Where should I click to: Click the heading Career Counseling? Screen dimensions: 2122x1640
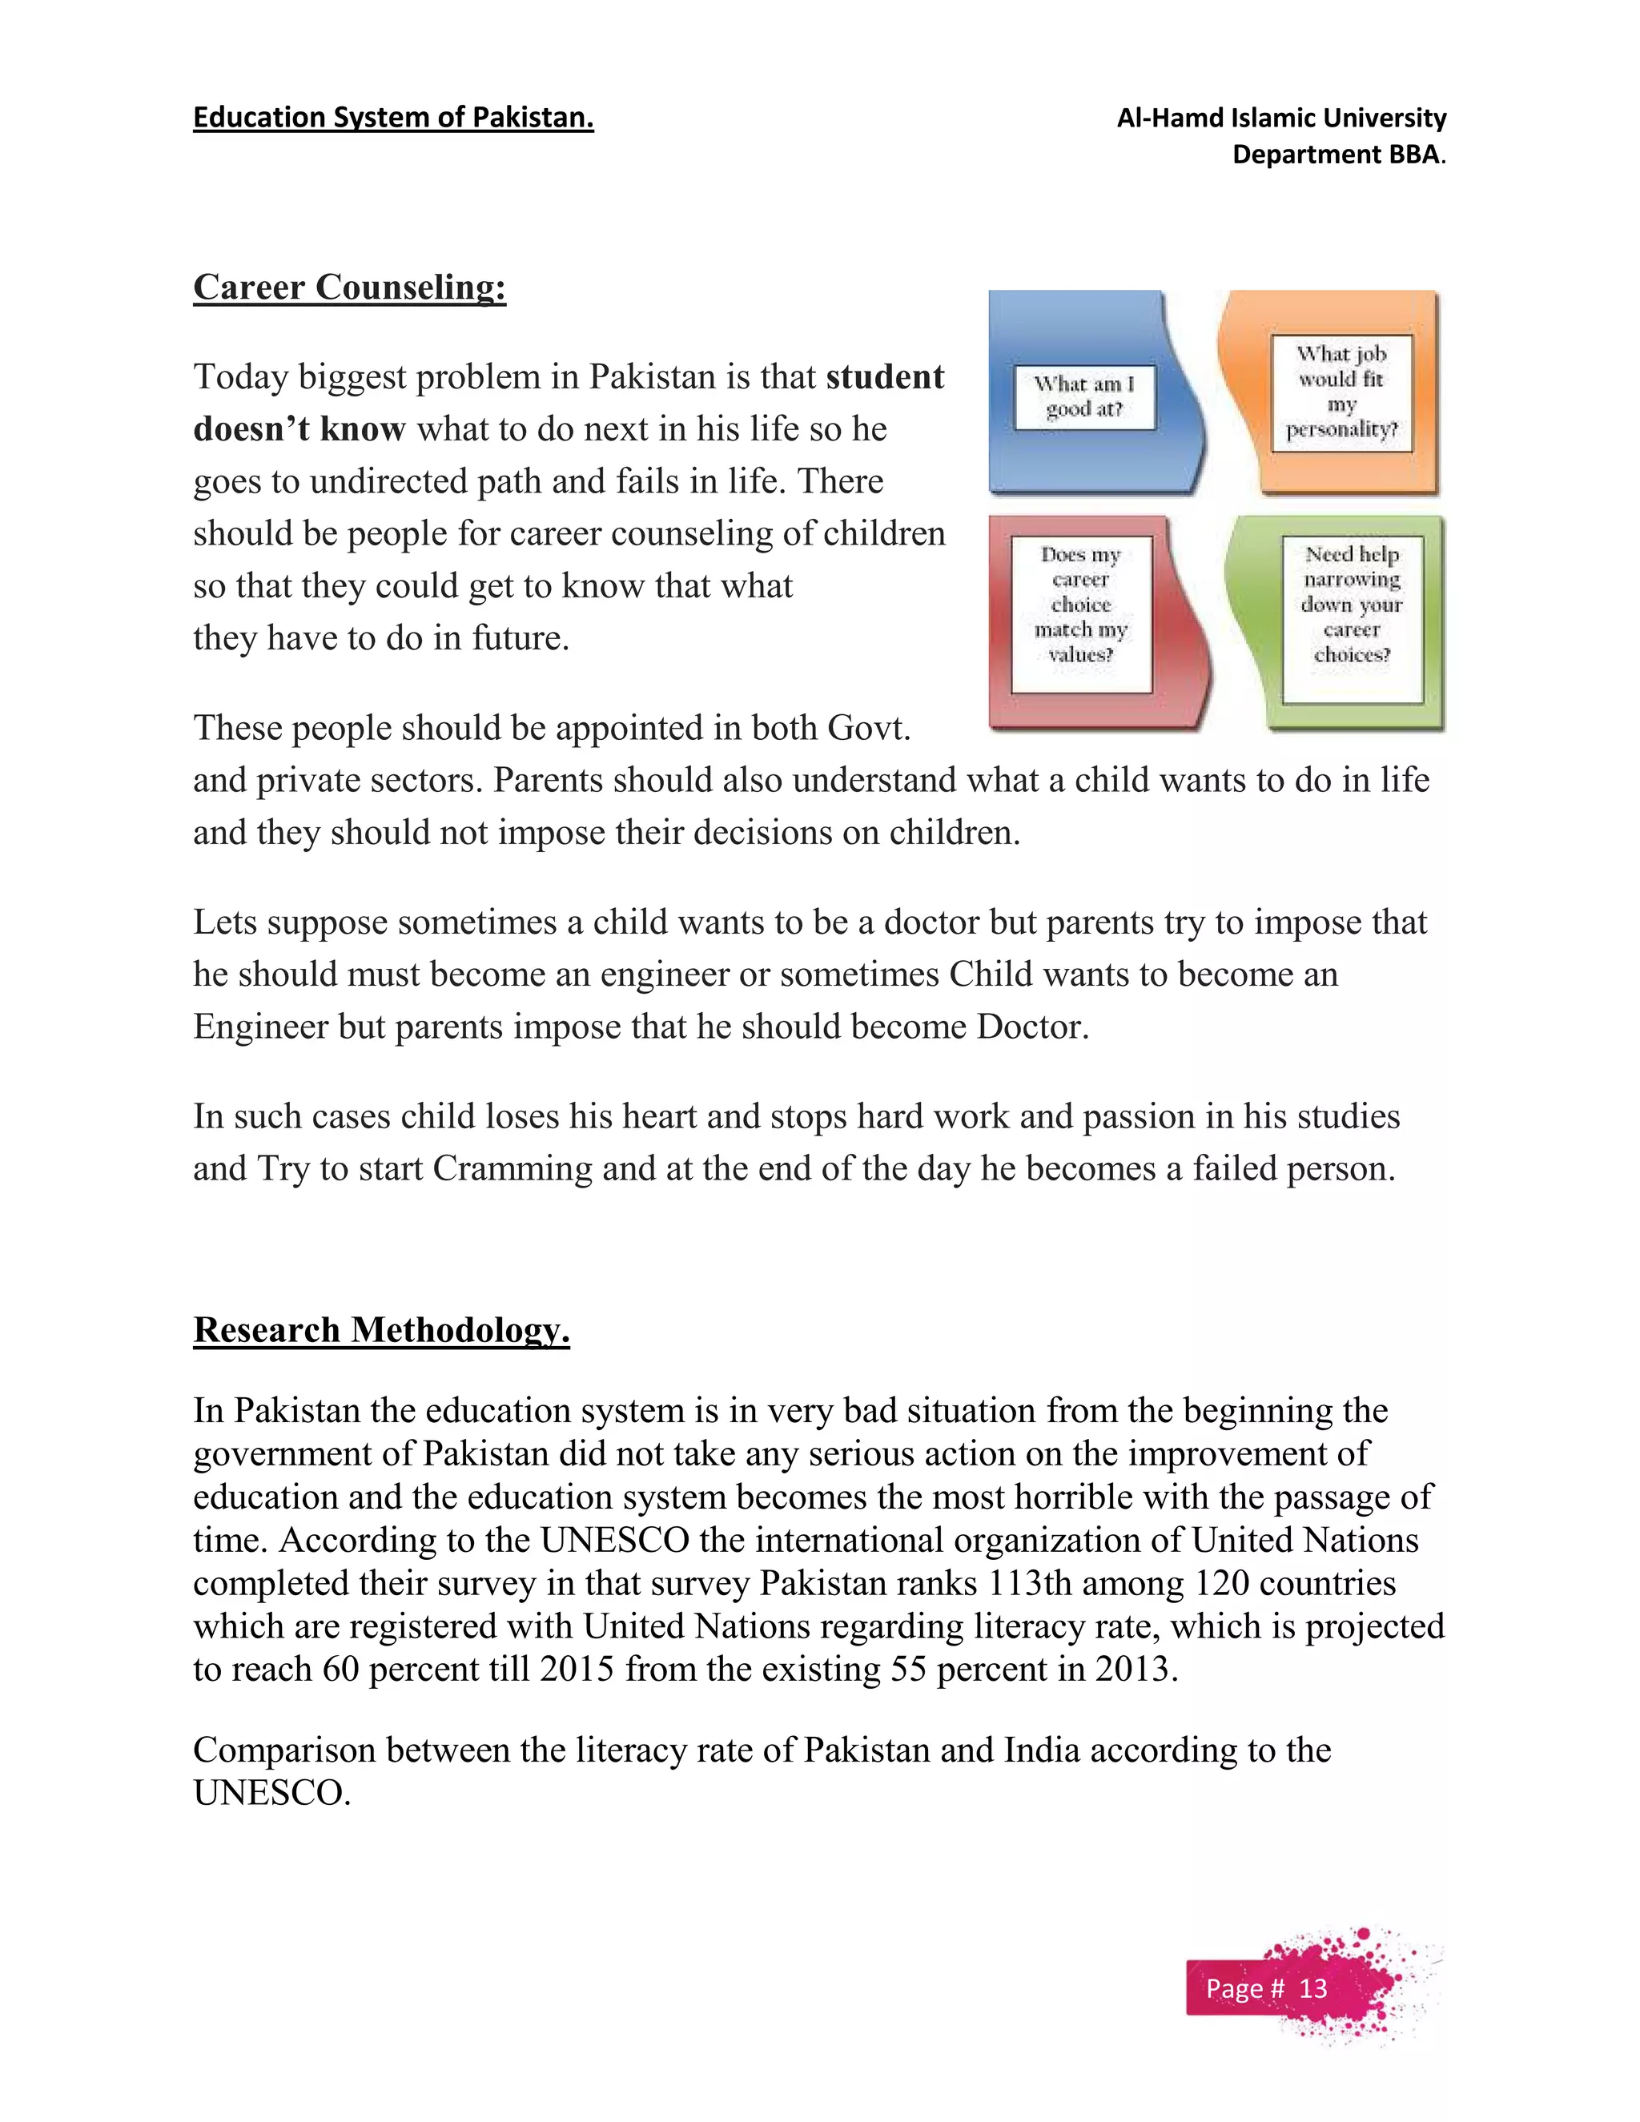349,287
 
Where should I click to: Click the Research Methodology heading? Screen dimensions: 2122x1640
381,1330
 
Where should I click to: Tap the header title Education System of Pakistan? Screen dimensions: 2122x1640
392,118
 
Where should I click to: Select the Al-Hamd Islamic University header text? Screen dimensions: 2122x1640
1280,119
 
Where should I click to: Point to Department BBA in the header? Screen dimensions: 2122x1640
1337,155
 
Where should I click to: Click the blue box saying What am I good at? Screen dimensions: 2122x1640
1084,396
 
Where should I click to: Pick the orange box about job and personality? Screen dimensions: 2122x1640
1341,392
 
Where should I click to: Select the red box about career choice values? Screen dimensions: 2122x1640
1080,605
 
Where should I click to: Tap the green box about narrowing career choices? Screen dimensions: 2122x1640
1352,605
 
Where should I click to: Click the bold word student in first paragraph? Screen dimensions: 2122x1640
884,377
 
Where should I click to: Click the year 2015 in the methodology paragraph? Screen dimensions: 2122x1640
577,1670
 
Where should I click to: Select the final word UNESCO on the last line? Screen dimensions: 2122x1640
271,1794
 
